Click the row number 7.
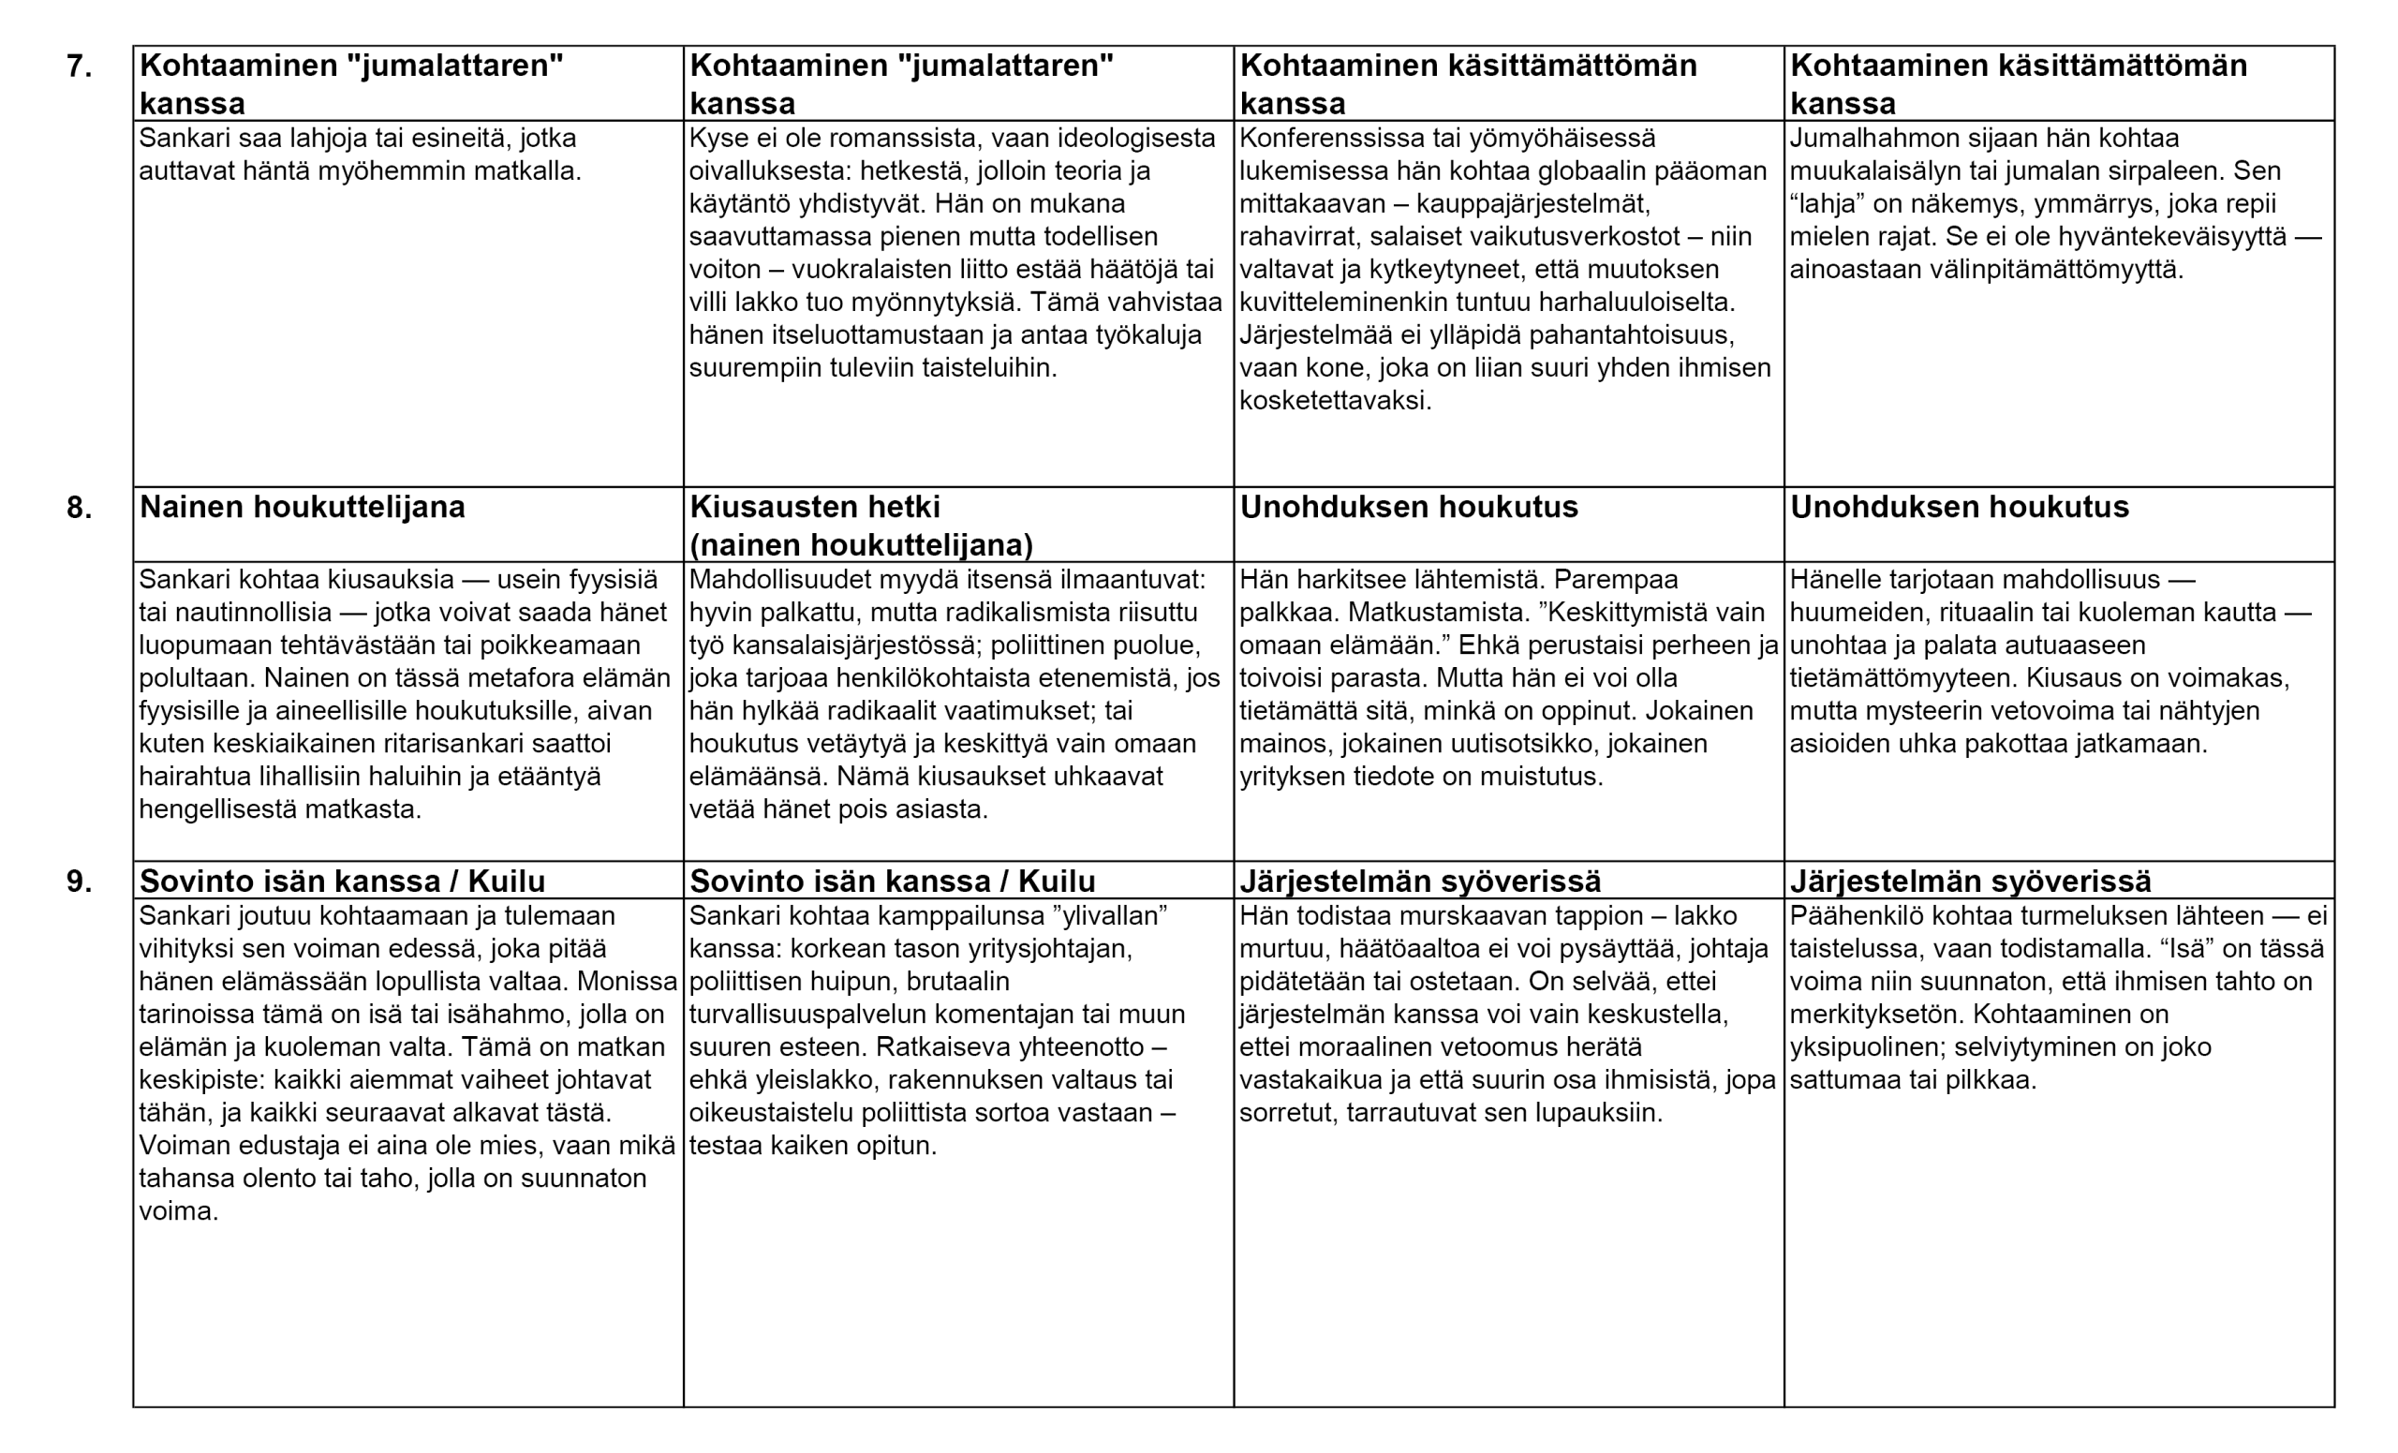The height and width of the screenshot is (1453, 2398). tap(80, 67)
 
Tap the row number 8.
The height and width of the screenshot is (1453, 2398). tap(80, 508)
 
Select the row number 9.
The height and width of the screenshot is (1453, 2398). tap(80, 882)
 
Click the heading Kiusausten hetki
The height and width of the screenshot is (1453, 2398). tap(815, 508)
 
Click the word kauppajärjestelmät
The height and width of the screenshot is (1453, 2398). tap(1532, 204)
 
